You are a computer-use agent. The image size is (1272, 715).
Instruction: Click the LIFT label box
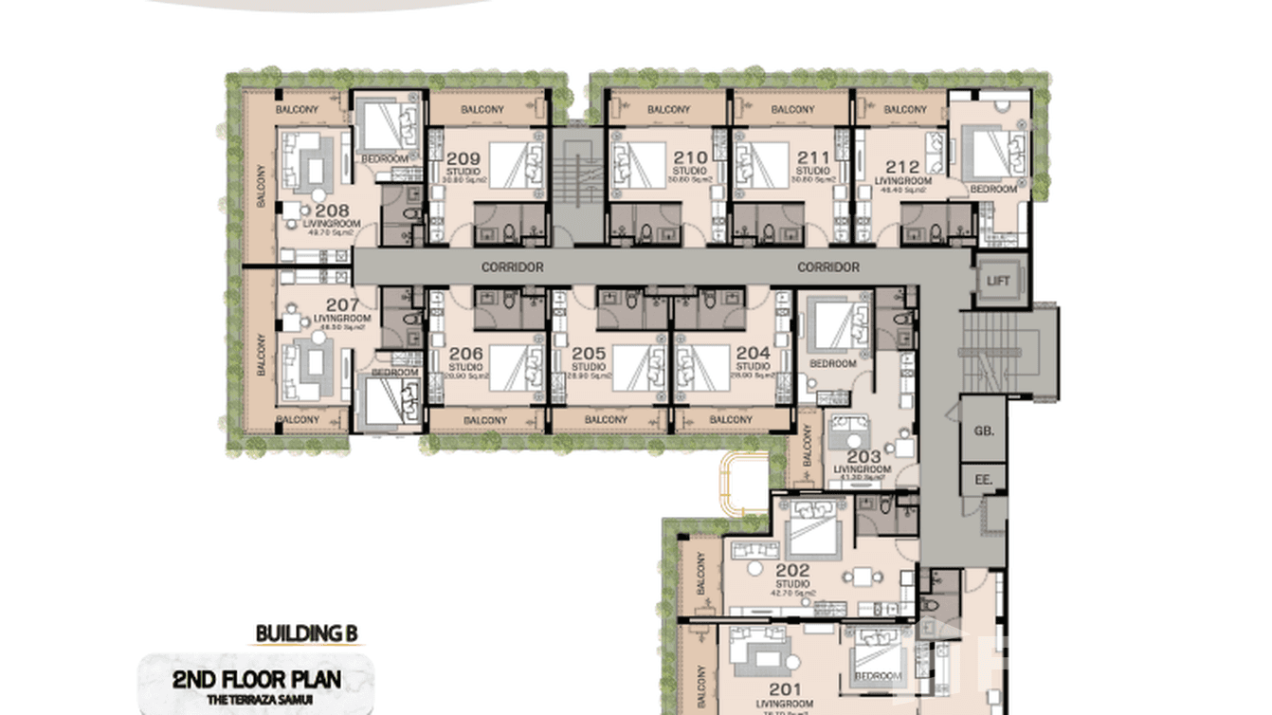[x=997, y=282]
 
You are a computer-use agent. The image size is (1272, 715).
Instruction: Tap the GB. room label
[x=983, y=431]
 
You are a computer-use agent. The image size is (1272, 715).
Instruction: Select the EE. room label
[x=983, y=480]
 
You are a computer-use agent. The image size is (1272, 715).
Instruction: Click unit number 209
[x=463, y=158]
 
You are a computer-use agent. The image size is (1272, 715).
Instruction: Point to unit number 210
[x=691, y=158]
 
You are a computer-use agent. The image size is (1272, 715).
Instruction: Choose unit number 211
[x=812, y=158]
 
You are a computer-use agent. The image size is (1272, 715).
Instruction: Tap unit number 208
[x=332, y=211]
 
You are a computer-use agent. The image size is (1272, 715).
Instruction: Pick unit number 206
[x=465, y=353]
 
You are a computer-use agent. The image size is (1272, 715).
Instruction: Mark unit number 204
[x=753, y=353]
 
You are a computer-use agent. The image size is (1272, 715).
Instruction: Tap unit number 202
[x=792, y=570]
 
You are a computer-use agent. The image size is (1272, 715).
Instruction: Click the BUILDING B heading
[x=306, y=633]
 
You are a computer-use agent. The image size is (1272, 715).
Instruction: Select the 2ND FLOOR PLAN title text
[x=257, y=679]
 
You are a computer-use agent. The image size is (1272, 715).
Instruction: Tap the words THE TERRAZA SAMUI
[x=257, y=700]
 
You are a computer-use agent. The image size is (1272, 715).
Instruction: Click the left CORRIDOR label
[x=512, y=267]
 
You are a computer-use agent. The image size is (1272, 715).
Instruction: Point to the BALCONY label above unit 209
[x=482, y=110]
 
